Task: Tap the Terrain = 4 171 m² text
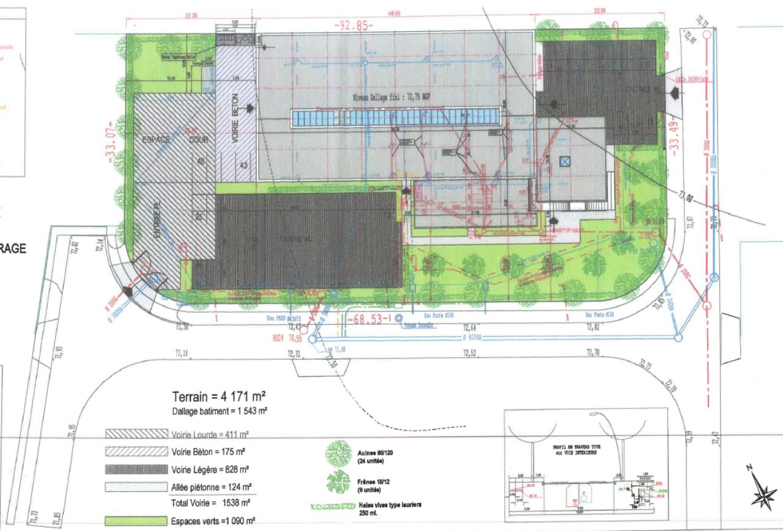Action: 219,395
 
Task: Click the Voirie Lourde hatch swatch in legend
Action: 136,434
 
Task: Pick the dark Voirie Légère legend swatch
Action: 136,469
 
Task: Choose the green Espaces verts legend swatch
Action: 136,521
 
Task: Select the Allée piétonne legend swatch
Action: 136,487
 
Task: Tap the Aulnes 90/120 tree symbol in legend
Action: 337,455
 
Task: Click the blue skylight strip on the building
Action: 395,117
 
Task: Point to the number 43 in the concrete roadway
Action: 244,166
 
